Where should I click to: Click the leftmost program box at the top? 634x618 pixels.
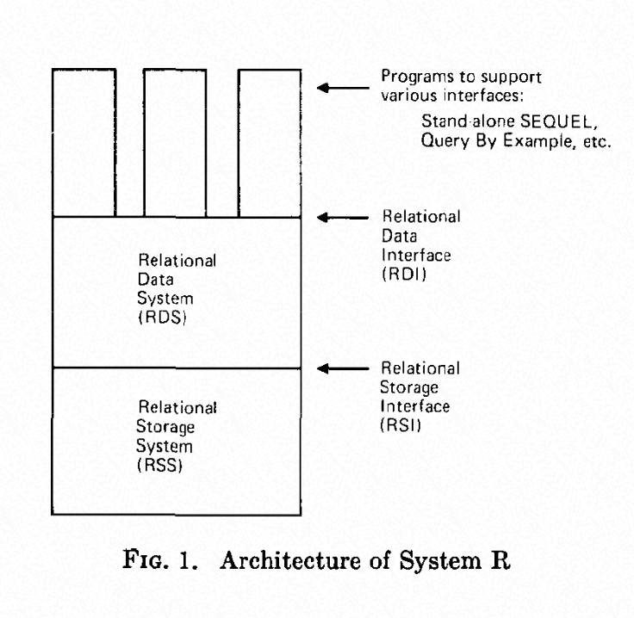click(84, 142)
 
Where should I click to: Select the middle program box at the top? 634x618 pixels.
click(174, 142)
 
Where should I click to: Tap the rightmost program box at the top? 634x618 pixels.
click(269, 142)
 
